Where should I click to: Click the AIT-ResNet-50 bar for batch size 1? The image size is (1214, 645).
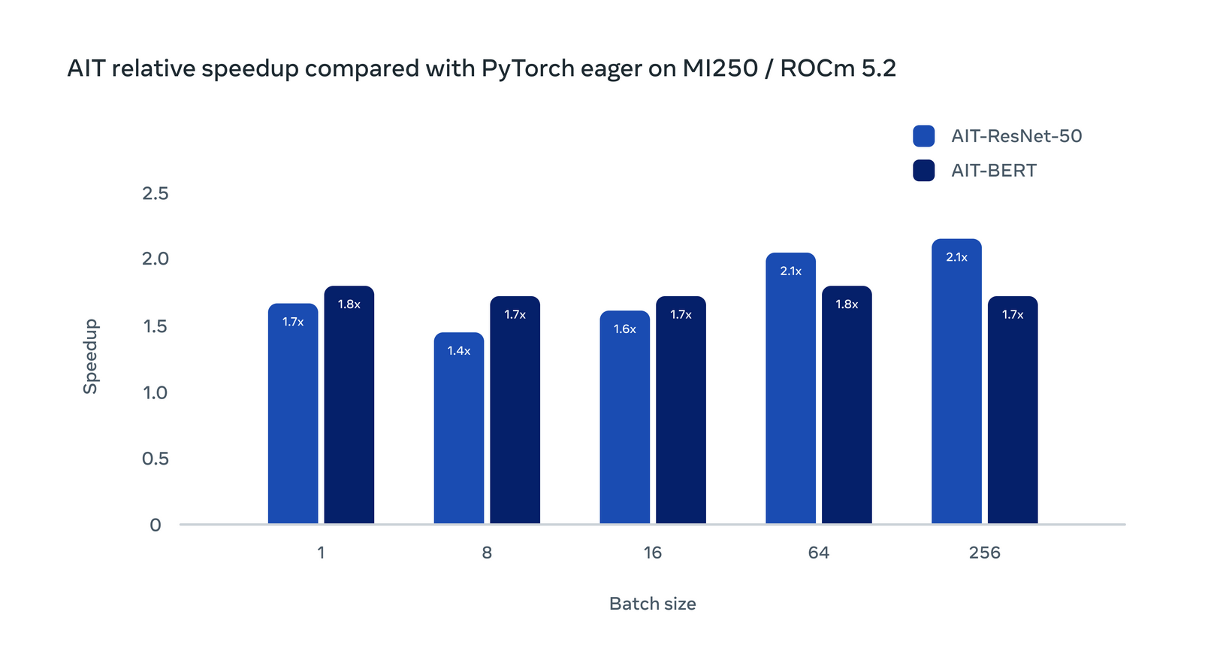[x=293, y=413]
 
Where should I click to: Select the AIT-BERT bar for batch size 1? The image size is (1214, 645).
[x=349, y=406]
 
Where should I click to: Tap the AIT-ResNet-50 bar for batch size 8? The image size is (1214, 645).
[x=459, y=428]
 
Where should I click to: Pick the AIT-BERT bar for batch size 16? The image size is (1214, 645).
[x=681, y=410]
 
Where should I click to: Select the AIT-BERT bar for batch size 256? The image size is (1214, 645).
[x=1013, y=410]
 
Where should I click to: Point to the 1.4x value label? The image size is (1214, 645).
[x=459, y=351]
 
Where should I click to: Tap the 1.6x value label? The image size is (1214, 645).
[x=625, y=329]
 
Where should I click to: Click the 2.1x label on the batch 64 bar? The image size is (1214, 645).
[x=790, y=271]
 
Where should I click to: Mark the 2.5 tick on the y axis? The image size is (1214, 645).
[x=156, y=194]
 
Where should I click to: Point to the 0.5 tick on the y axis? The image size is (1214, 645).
[x=156, y=459]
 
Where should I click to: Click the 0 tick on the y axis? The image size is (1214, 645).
[x=156, y=525]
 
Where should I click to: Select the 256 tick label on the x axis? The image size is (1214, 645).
[x=984, y=553]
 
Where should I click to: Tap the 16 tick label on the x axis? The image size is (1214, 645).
[x=653, y=553]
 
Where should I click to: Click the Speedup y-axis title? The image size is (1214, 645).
[x=91, y=356]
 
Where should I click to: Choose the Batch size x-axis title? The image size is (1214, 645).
[x=652, y=604]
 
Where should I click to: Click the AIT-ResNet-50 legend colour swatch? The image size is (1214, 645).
[x=923, y=136]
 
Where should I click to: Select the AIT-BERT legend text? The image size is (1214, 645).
[x=993, y=171]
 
